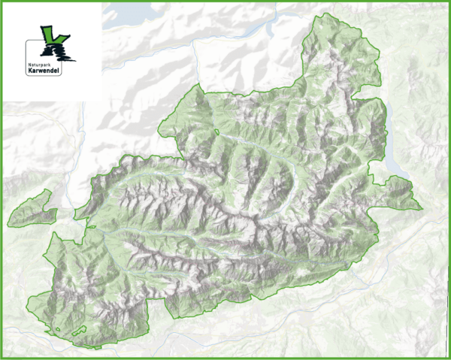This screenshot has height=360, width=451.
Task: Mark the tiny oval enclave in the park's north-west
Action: pos(216,133)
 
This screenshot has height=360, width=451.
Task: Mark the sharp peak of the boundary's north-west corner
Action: pos(197,86)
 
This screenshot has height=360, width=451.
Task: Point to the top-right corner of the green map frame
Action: pos(449,2)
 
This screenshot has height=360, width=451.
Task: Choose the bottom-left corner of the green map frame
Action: pos(2,358)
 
